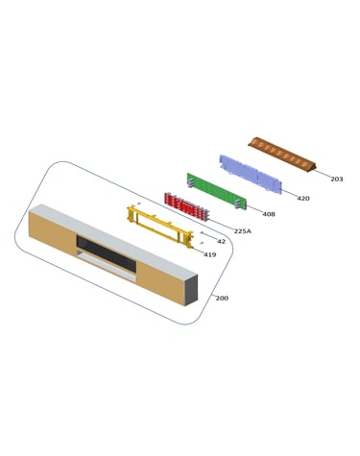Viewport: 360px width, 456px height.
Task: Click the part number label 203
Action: pos(337,180)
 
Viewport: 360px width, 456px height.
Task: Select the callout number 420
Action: pos(303,199)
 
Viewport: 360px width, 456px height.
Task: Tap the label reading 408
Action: pos(269,214)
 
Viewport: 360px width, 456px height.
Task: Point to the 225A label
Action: pos(243,231)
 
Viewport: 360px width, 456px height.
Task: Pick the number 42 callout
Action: pos(221,242)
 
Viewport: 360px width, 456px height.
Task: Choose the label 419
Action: pos(210,254)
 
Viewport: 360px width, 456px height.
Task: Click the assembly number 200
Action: pos(222,299)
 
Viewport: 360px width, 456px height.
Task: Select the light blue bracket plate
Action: pos(251,174)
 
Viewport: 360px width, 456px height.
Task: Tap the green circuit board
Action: pos(217,191)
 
